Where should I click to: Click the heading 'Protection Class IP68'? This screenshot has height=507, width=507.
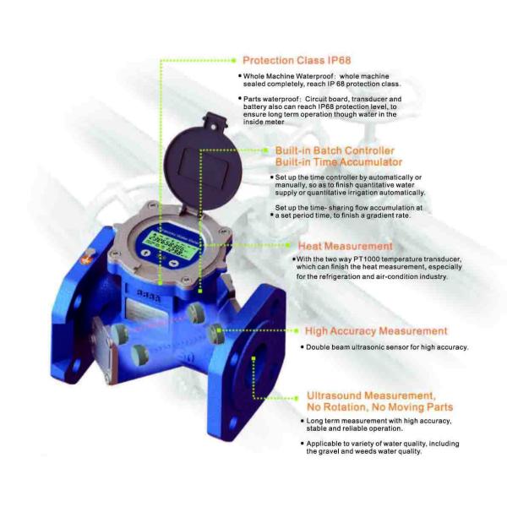coord(296,60)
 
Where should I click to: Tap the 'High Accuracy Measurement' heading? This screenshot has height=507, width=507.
coord(375,330)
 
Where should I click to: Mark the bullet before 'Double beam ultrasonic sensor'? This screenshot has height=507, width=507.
coord(303,347)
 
